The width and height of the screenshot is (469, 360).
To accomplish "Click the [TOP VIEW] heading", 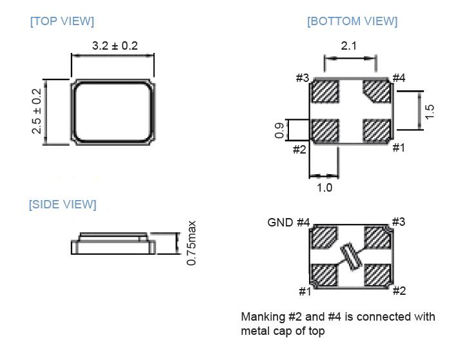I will point(62,21).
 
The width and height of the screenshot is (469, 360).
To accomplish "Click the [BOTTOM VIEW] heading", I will point(352,21).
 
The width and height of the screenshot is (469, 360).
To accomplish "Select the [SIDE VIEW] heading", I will point(63,205).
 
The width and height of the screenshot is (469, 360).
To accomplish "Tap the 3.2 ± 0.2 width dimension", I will point(115,46).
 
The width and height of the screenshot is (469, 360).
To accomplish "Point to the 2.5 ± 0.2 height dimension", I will point(36,112).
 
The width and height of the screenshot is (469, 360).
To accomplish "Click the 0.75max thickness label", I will point(192,243).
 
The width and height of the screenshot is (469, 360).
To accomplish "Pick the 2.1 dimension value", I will point(349,46).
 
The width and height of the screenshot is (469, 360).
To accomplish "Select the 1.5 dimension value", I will point(430,110).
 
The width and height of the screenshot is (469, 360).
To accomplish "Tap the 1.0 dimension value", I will point(324,188).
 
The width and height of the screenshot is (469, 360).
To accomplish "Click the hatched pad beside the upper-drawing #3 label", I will point(325,91).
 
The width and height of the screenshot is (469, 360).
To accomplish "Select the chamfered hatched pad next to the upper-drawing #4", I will point(376,91).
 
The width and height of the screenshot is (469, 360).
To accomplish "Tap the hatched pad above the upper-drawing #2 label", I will point(325,131).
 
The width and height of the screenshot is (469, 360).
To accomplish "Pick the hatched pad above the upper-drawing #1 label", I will point(376,131).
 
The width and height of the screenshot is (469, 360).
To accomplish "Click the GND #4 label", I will point(288,223).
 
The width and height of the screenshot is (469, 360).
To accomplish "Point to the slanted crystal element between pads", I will point(351,257).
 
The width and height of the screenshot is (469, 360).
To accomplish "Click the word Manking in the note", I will point(263,317).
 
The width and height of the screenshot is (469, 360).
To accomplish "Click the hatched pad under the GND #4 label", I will point(324,238).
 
